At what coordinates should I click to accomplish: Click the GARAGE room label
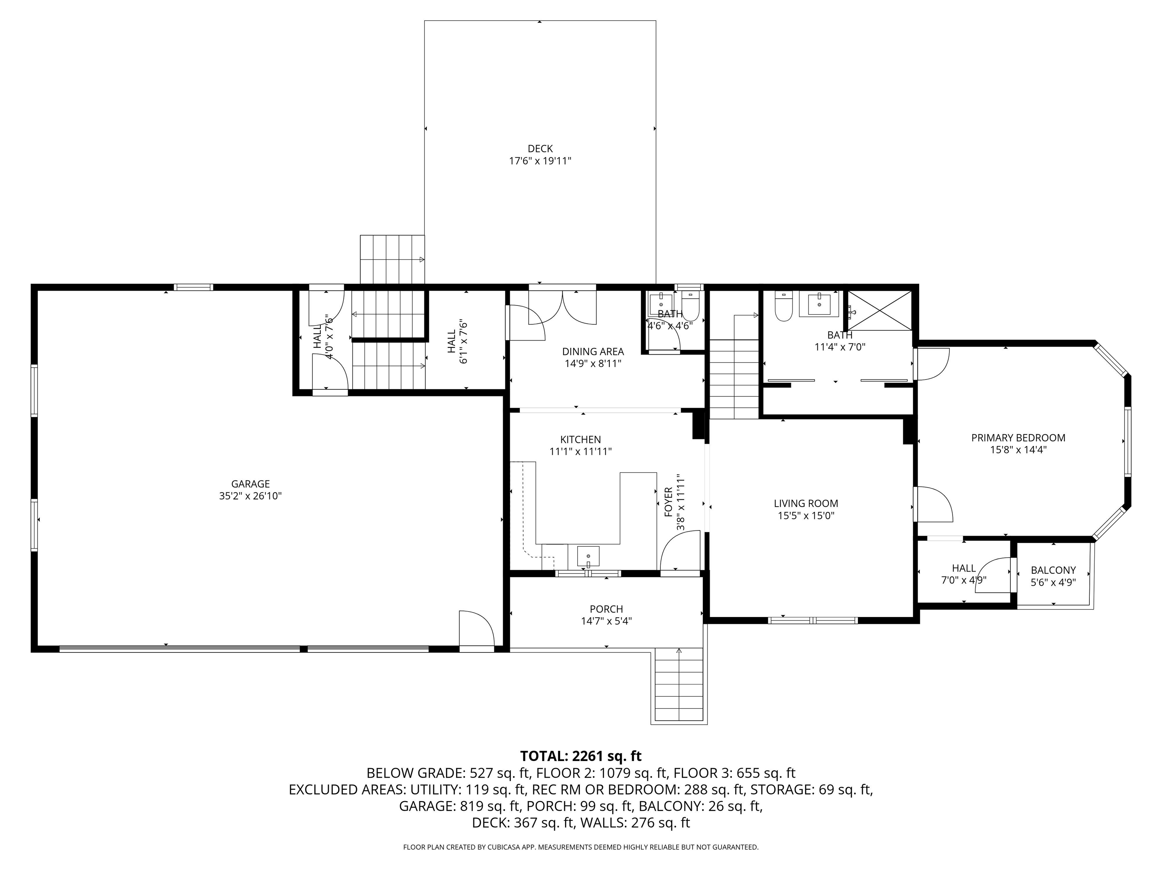click(x=250, y=484)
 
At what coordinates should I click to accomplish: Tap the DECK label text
click(x=540, y=149)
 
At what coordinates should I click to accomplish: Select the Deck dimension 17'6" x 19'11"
click(x=540, y=161)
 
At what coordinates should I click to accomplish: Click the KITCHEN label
click(x=581, y=439)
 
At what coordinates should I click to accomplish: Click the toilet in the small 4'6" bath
click(x=690, y=308)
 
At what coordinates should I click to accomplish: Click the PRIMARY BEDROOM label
click(x=1018, y=438)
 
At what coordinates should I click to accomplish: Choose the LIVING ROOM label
click(x=806, y=504)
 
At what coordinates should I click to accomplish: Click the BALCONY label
click(x=1053, y=570)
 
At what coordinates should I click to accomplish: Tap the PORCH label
click(x=606, y=609)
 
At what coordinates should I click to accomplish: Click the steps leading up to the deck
click(x=392, y=259)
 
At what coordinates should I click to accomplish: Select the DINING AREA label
click(x=593, y=352)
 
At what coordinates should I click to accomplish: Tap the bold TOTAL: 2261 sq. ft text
click(x=581, y=756)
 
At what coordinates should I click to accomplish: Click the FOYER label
click(x=668, y=502)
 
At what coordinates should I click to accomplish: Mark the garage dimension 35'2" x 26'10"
click(x=250, y=496)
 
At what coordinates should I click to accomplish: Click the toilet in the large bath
click(x=783, y=307)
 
